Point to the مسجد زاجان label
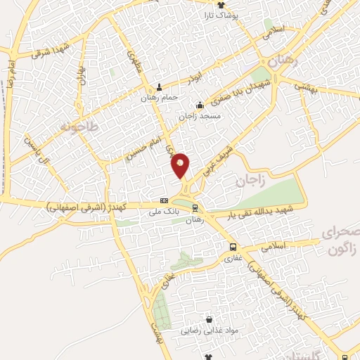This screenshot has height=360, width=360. coord(200,115)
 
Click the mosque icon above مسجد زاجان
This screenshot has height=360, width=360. coord(200,105)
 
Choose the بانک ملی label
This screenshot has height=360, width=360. coord(160,210)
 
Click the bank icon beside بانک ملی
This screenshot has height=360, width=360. coord(164,200)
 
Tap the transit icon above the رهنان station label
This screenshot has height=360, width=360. coord(195,207)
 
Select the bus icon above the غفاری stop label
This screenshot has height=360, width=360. coord(233,247)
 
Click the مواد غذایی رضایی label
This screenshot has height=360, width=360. coord(209,330)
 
